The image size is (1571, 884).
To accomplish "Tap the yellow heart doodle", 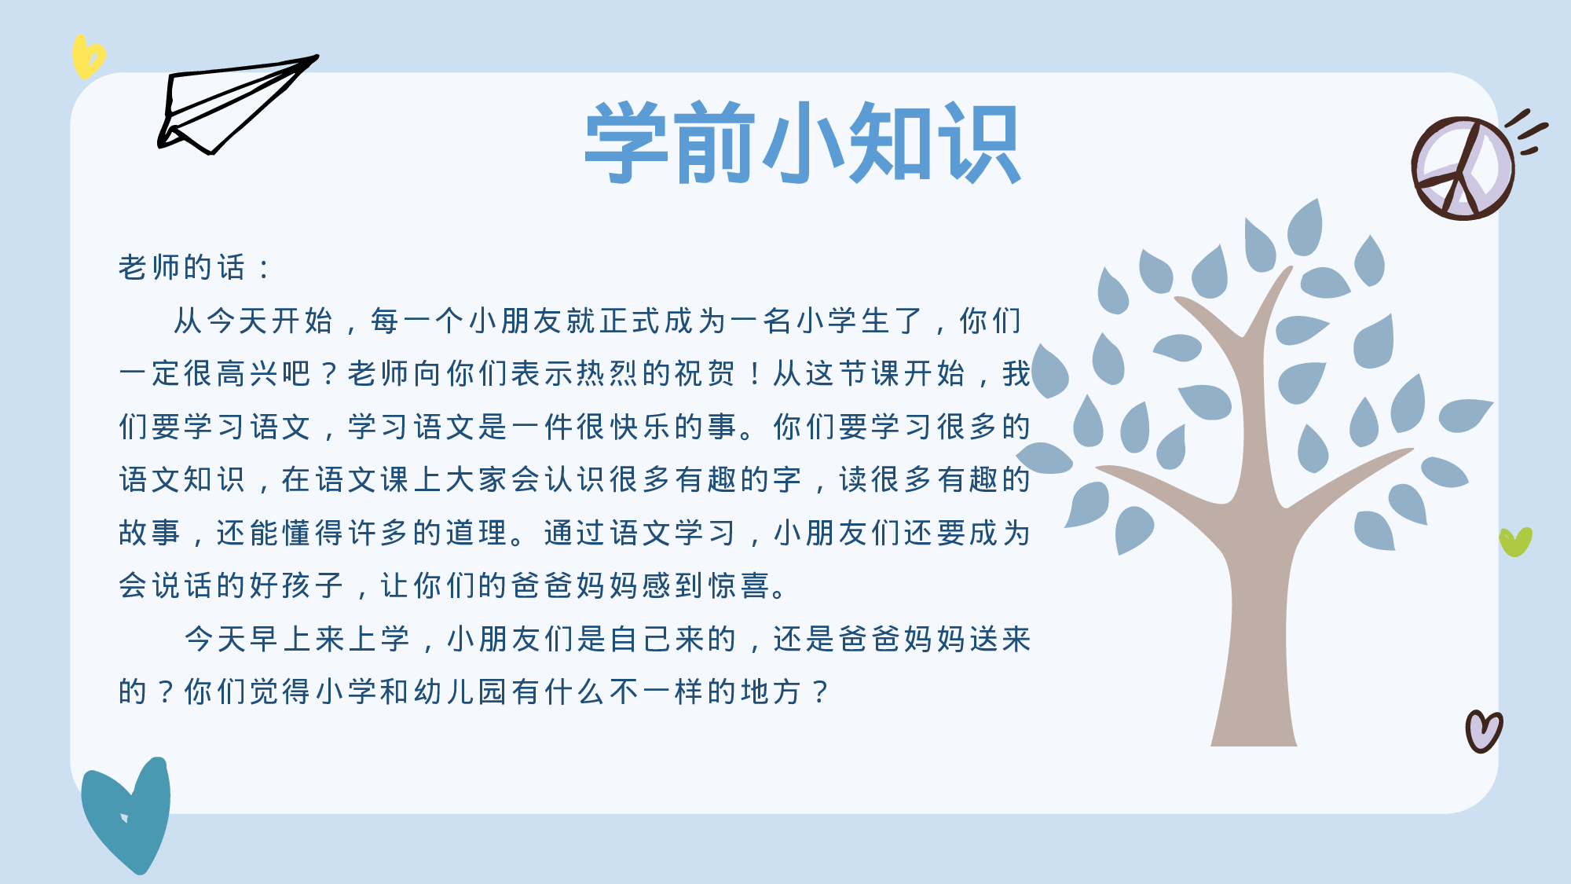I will click(x=87, y=57).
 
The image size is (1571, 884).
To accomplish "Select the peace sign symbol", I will click(x=1463, y=168).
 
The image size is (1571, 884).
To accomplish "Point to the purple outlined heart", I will click(x=1483, y=731).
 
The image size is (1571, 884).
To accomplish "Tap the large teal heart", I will click(x=128, y=813).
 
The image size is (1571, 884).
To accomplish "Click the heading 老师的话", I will click(x=182, y=268).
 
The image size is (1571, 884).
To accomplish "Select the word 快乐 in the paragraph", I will click(x=626, y=427).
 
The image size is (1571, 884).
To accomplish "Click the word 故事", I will click(x=150, y=534).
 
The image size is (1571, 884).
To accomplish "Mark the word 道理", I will click(x=478, y=534).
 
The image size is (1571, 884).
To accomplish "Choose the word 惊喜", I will click(x=740, y=586).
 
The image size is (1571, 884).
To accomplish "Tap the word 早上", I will click(x=266, y=640).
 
